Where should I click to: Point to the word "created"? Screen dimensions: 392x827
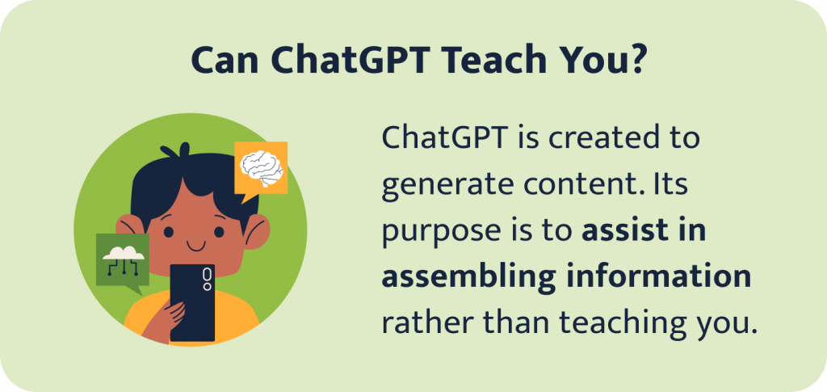pyautogui.click(x=596, y=139)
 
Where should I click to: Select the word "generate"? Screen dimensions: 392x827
pyautogui.click(x=440, y=185)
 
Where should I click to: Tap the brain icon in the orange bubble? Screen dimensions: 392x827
pyautogui.click(x=260, y=166)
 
